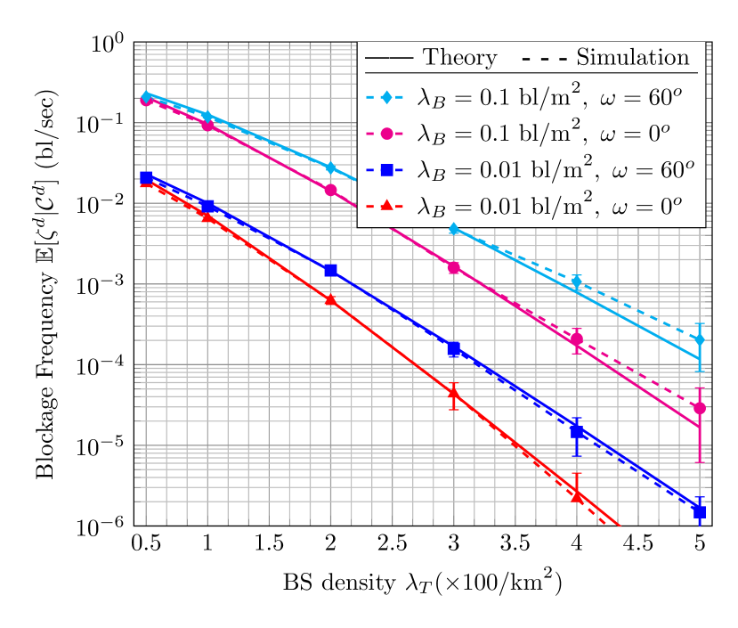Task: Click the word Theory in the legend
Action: tap(459, 58)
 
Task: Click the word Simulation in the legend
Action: tap(633, 58)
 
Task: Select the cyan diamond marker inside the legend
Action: tap(386, 97)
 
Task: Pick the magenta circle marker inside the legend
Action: tap(386, 134)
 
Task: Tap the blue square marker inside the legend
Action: tap(386, 169)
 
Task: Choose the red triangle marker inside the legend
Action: tap(386, 206)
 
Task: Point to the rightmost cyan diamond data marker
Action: tap(700, 339)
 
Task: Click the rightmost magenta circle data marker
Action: tap(700, 408)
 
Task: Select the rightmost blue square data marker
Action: tap(700, 511)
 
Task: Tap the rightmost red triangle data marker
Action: tap(577, 495)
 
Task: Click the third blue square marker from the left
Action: tap(330, 270)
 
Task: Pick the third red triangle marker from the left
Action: tap(330, 300)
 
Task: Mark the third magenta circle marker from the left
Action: tap(330, 190)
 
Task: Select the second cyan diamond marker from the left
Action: tap(207, 116)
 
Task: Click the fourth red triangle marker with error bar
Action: tap(454, 393)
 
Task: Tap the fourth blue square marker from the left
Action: tap(454, 349)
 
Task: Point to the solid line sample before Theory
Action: tap(389, 59)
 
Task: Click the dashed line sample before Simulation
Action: tap(543, 59)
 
